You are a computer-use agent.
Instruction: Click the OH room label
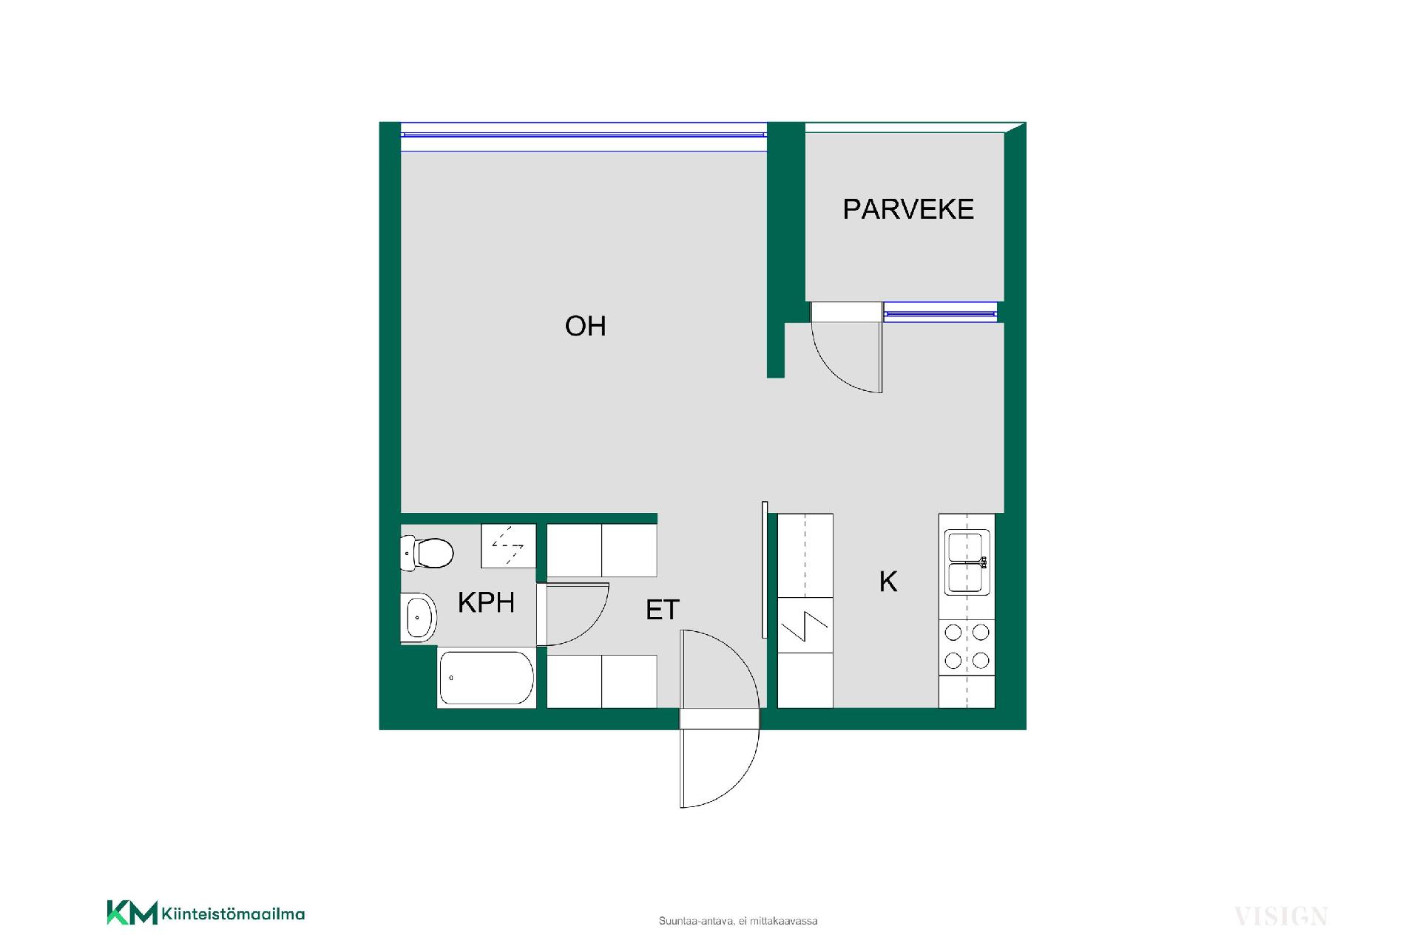(x=585, y=326)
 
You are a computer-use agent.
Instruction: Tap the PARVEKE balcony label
(x=908, y=209)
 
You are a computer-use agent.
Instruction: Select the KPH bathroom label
(x=486, y=602)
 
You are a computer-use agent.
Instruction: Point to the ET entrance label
(x=663, y=610)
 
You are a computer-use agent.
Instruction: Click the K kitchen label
(x=888, y=582)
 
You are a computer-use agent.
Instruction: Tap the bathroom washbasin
(x=419, y=616)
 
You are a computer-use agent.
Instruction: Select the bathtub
(x=486, y=678)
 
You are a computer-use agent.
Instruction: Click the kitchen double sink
(x=967, y=562)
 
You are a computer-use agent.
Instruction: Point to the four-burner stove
(x=967, y=646)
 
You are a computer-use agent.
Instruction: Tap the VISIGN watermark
(x=1281, y=917)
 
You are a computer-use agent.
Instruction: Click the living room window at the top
(x=584, y=137)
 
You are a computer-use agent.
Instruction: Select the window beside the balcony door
(x=940, y=313)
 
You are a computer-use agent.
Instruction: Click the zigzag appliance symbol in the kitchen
(x=805, y=626)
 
